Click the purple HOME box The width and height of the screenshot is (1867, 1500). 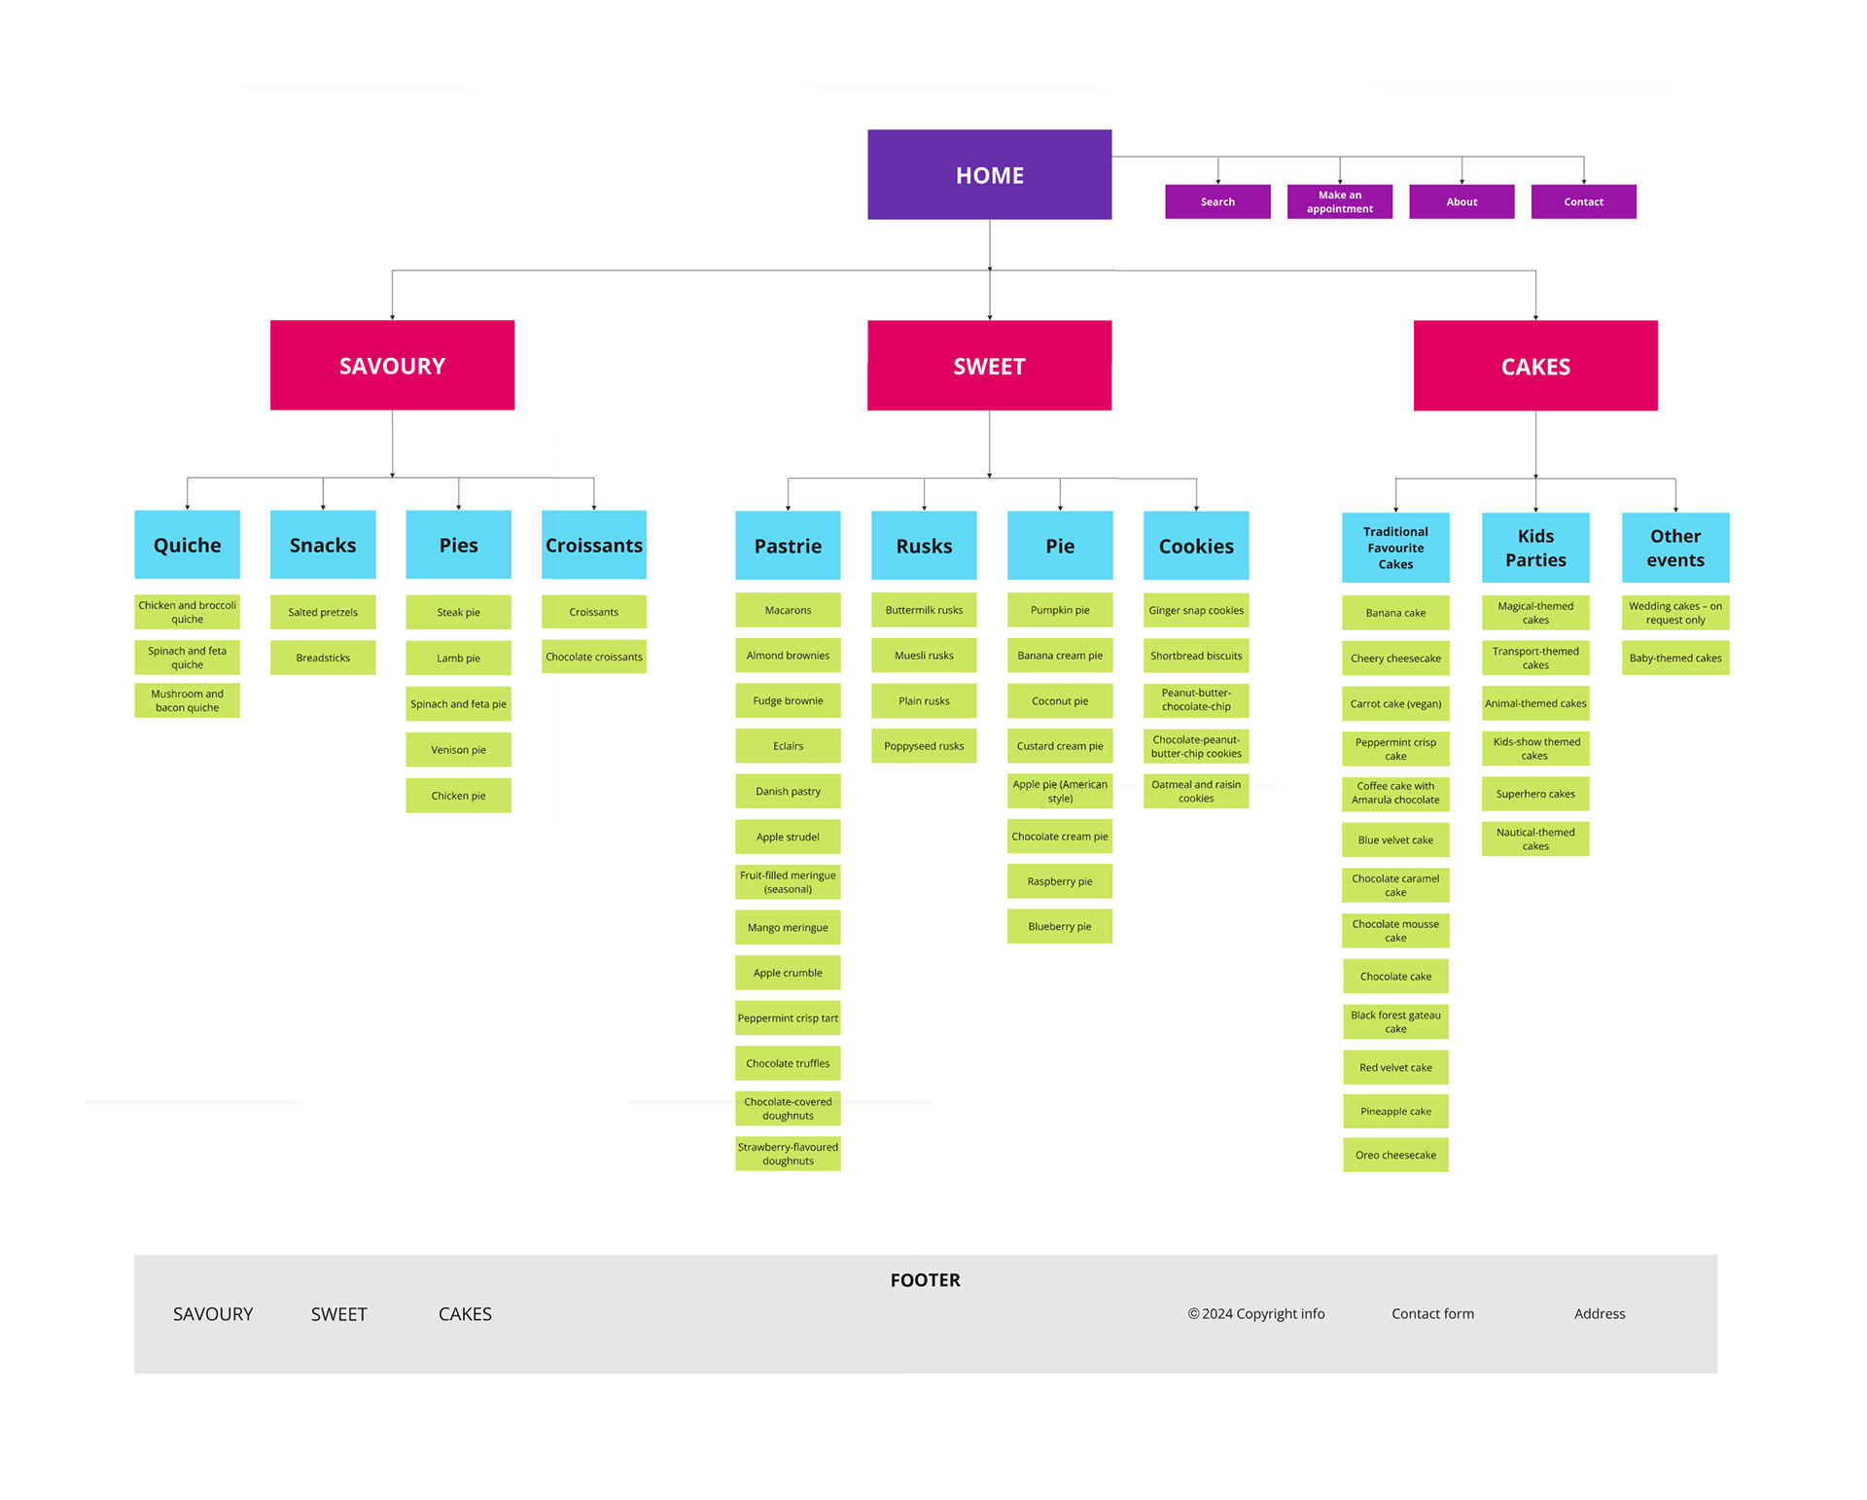(989, 175)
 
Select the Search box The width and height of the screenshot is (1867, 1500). (1217, 201)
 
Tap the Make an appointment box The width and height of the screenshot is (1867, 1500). (1339, 201)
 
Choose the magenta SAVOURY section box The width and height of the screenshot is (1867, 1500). (392, 365)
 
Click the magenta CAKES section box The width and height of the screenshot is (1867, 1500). (1535, 366)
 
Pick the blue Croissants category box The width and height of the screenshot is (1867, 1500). (594, 545)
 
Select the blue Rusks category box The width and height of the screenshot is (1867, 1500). (924, 546)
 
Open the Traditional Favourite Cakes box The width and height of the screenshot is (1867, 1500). (1395, 548)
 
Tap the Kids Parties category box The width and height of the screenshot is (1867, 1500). (1535, 548)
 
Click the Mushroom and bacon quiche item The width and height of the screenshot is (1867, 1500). (187, 700)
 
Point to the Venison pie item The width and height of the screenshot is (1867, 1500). (458, 750)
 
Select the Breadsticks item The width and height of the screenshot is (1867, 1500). (323, 658)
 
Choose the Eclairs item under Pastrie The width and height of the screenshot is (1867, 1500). (788, 746)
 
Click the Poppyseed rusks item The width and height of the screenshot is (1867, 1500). (924, 746)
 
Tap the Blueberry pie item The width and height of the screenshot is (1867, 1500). (1060, 926)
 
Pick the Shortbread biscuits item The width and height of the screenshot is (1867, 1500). (1196, 656)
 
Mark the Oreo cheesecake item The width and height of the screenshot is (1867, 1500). (1395, 1155)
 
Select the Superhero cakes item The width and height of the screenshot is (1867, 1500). (1535, 794)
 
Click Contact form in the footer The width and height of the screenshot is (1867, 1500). (1432, 1313)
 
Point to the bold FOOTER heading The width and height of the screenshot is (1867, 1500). (925, 1280)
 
